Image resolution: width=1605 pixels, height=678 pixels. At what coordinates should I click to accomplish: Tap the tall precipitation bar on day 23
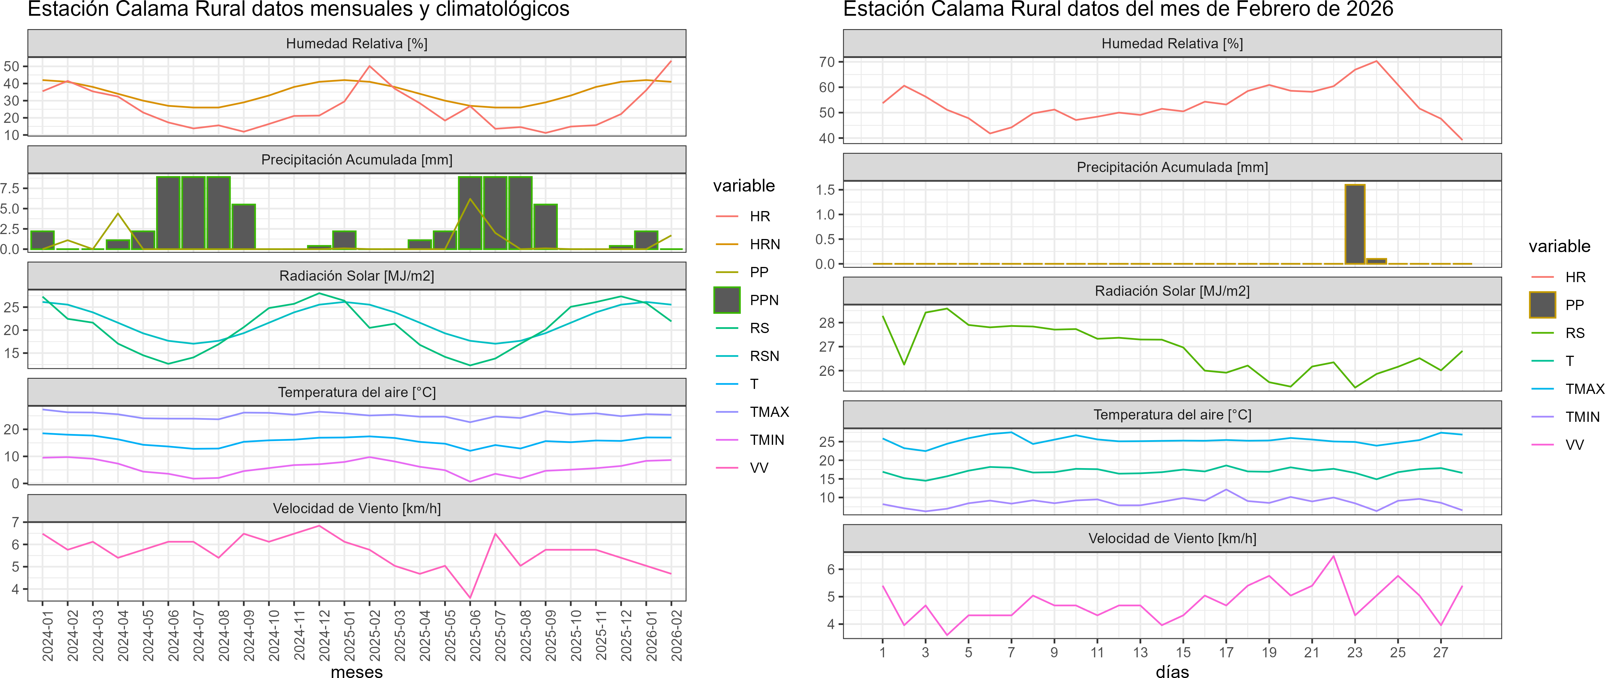tap(1354, 224)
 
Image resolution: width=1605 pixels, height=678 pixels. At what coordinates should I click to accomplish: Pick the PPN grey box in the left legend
tap(726, 300)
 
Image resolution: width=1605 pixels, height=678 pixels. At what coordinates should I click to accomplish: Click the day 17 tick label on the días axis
tap(1226, 652)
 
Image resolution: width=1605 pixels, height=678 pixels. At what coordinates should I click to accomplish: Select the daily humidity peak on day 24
tap(1376, 61)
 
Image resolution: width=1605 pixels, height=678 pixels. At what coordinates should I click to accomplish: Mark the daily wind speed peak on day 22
tap(1333, 556)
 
